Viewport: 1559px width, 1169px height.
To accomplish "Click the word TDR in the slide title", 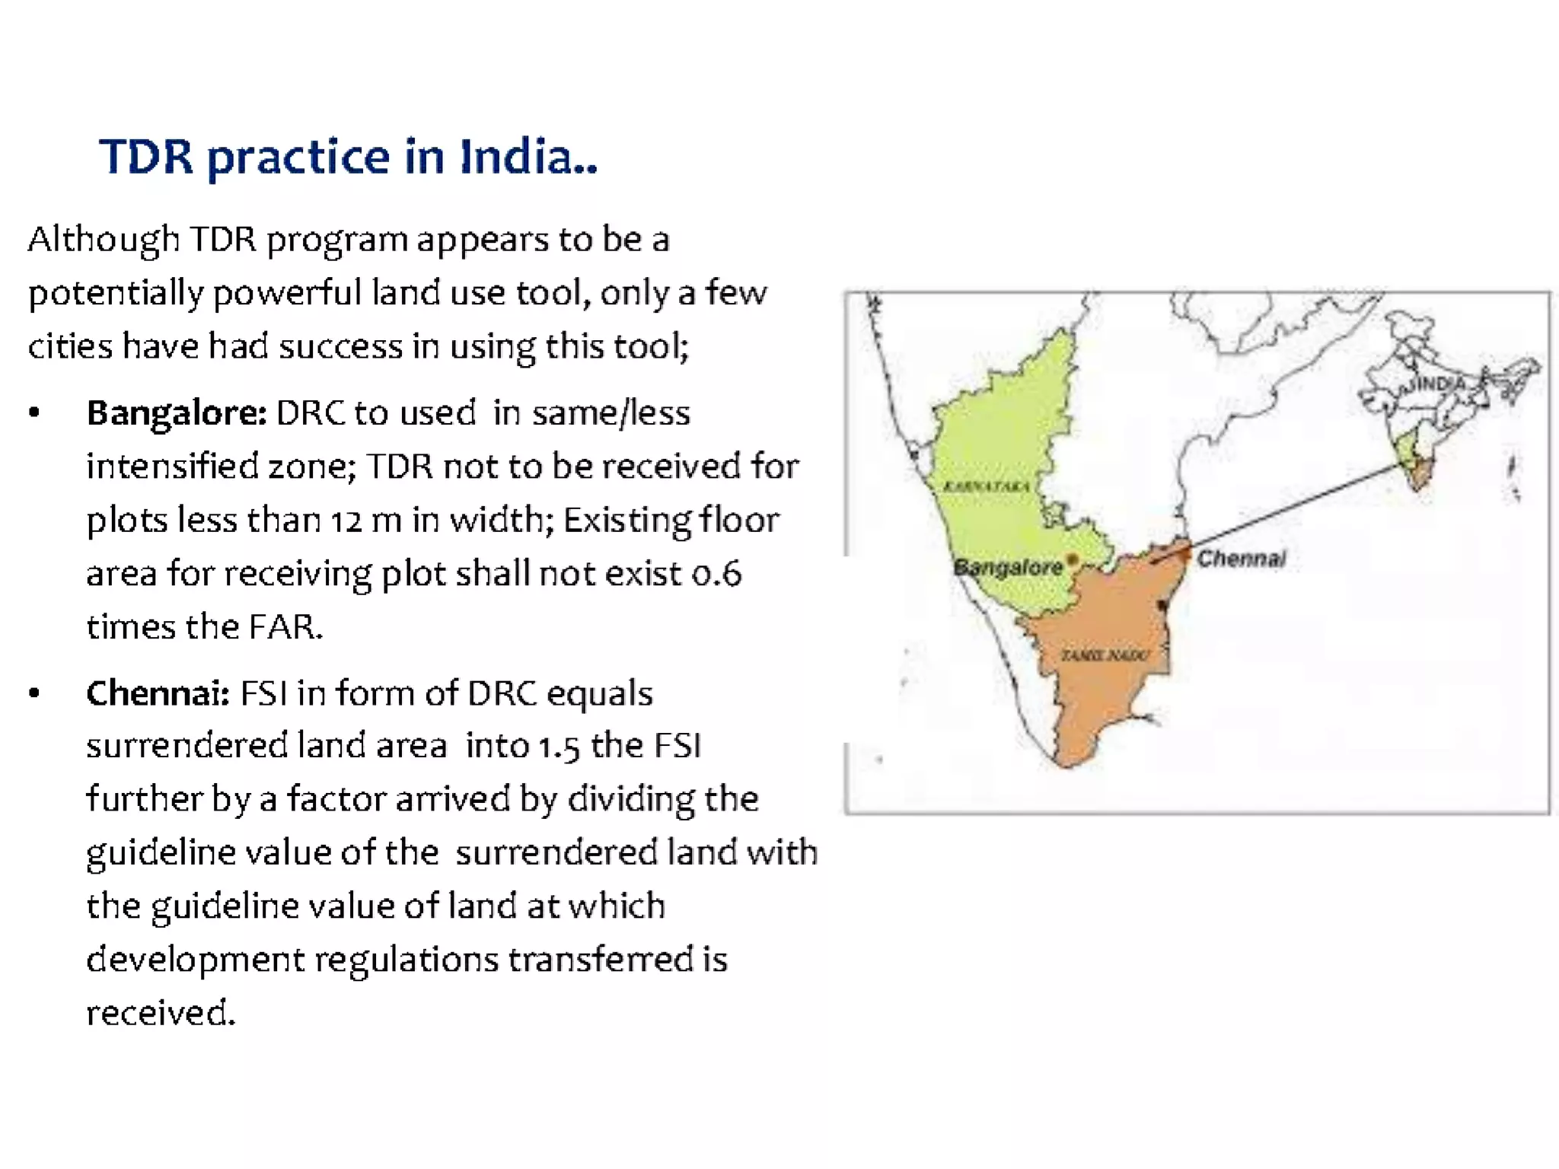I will tap(146, 158).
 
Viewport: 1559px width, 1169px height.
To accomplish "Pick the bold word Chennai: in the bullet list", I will tap(158, 693).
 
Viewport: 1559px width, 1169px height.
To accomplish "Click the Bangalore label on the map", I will tap(1007, 567).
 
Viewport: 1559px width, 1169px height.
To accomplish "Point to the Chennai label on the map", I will tap(1241, 559).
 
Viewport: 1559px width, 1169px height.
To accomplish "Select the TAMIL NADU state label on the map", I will tap(1105, 655).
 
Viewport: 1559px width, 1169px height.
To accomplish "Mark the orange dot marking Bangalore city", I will tap(1073, 560).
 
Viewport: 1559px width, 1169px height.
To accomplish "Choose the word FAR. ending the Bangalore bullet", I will tap(285, 627).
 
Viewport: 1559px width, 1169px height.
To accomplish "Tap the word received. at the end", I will tap(161, 1013).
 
